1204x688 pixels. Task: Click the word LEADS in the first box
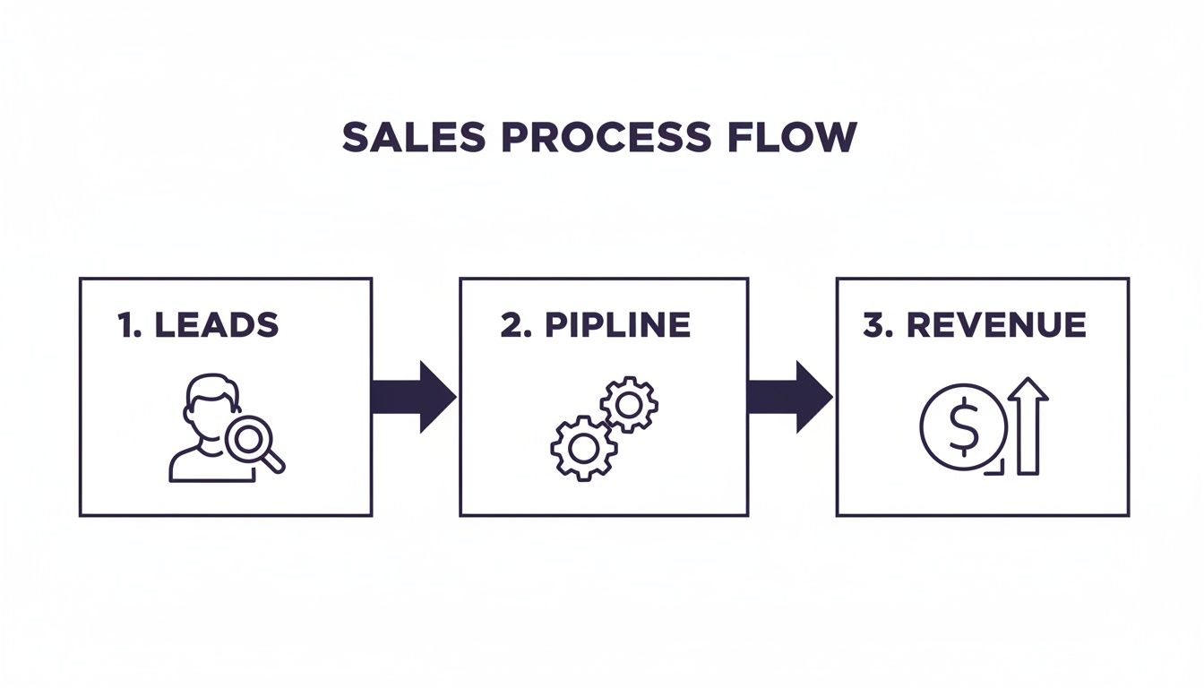coord(216,324)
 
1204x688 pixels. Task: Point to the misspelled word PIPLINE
coord(617,324)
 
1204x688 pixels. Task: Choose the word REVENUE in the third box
coord(996,324)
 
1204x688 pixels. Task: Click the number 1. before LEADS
coord(129,324)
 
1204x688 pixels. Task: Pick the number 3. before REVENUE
coord(878,324)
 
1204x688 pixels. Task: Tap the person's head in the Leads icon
coord(211,403)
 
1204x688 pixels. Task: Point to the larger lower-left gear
coord(583,445)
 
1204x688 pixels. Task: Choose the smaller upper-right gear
coord(629,406)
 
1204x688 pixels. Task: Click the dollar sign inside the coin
coord(963,427)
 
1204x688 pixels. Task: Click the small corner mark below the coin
coord(996,468)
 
